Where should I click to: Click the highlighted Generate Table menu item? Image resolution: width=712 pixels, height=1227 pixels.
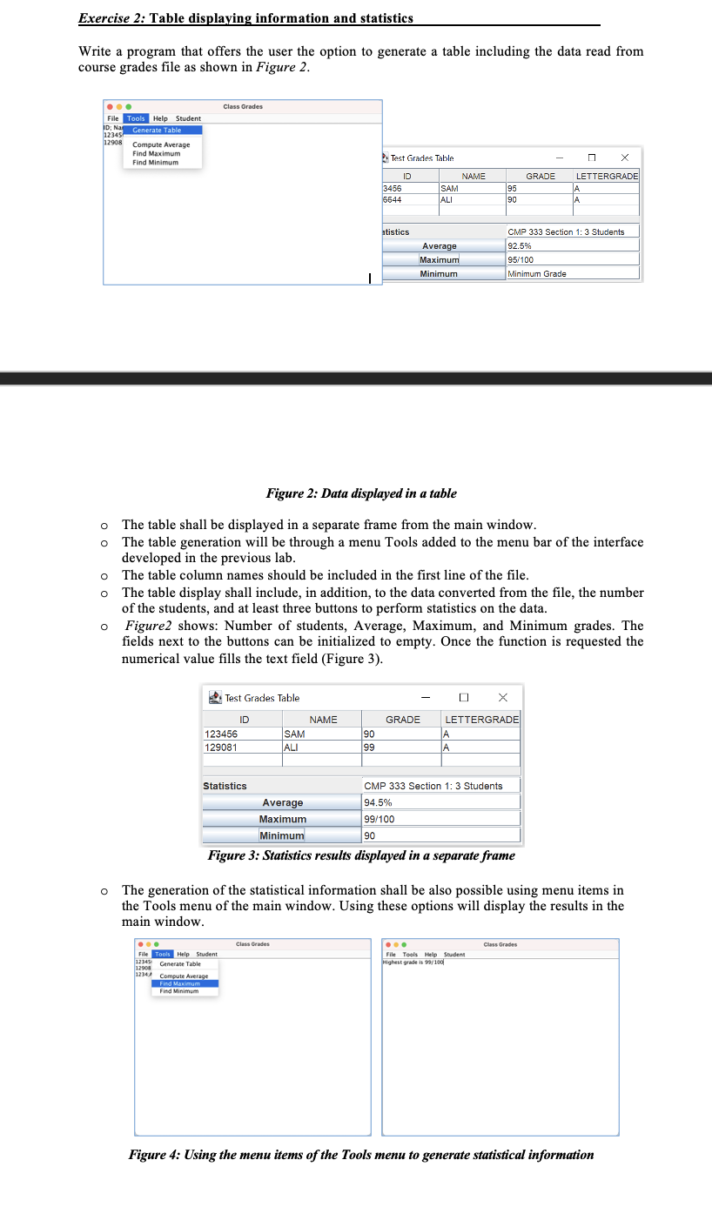157,130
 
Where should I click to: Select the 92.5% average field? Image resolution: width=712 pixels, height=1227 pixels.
572,246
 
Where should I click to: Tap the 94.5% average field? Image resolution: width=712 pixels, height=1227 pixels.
441,802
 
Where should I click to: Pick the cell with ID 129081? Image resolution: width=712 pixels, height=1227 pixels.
241,747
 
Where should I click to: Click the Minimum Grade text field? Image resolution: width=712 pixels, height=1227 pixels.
572,273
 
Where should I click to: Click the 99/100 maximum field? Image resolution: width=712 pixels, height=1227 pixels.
441,819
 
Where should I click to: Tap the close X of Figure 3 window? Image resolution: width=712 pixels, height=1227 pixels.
503,697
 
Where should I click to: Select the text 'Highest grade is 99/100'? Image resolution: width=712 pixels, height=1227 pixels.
415,962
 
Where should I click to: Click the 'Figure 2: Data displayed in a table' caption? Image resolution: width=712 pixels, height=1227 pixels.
361,493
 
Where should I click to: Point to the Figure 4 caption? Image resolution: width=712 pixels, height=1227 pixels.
361,1155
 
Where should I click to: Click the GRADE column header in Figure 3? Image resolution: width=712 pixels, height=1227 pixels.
403,720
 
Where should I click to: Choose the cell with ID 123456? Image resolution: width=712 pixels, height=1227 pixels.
241,734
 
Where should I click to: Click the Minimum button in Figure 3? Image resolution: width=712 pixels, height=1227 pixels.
282,835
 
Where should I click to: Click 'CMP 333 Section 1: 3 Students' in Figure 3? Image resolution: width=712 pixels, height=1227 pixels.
433,786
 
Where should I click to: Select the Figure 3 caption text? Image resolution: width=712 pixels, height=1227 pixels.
361,855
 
